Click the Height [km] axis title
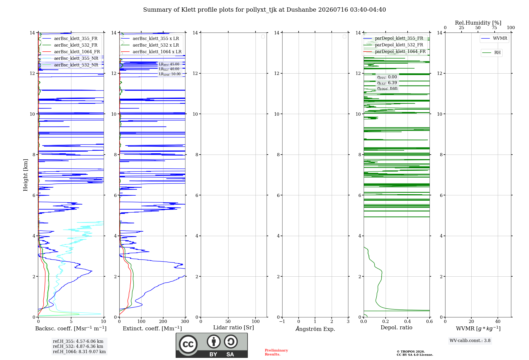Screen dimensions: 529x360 (x=25, y=175)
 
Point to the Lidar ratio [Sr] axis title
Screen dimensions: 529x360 (x=234, y=328)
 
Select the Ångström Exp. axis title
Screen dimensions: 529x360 (x=315, y=329)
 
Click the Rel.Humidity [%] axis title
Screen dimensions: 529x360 (x=478, y=23)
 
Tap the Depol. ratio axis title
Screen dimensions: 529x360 (x=396, y=328)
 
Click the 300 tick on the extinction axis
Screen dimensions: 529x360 (x=185, y=322)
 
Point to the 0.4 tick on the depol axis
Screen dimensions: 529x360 (x=408, y=322)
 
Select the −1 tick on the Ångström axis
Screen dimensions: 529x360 (x=282, y=322)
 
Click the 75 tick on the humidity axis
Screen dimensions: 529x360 (x=494, y=28)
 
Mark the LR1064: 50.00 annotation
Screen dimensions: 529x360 (x=170, y=74)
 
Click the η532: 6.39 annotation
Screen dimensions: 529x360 (x=387, y=83)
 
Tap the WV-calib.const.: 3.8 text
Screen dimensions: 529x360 (x=470, y=341)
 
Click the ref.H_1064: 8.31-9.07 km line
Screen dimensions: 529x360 (x=79, y=352)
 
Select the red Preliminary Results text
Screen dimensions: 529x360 (x=276, y=352)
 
